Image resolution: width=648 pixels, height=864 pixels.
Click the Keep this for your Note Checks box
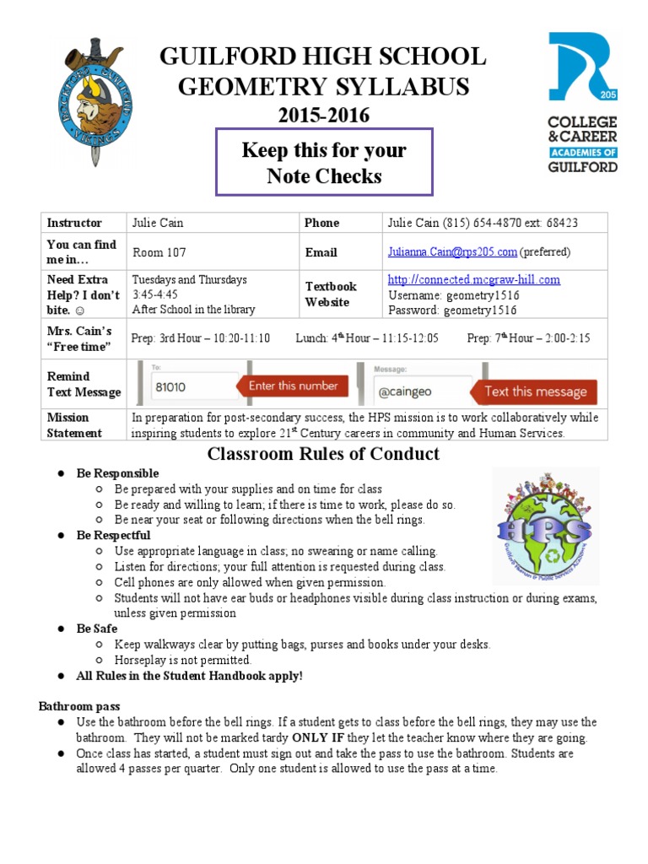[x=324, y=163]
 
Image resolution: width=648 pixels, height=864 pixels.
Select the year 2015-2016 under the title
[x=324, y=116]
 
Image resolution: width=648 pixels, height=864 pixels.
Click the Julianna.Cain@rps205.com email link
[x=452, y=252]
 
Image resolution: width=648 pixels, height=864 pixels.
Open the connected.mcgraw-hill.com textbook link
[x=473, y=279]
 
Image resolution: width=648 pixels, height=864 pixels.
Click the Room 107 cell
[x=159, y=252]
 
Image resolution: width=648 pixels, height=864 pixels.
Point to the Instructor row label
[x=74, y=223]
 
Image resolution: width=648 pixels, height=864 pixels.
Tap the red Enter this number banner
[x=293, y=386]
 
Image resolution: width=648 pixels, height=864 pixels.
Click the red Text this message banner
[x=535, y=391]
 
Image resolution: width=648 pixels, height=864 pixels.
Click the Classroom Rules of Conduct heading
[x=323, y=454]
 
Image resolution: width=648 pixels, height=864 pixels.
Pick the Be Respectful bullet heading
[x=113, y=535]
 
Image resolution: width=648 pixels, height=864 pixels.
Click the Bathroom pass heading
[x=79, y=705]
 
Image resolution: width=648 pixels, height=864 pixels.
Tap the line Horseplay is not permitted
[x=183, y=660]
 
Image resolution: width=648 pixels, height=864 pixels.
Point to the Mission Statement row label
[x=74, y=425]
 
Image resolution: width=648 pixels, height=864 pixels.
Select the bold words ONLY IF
[x=316, y=737]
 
